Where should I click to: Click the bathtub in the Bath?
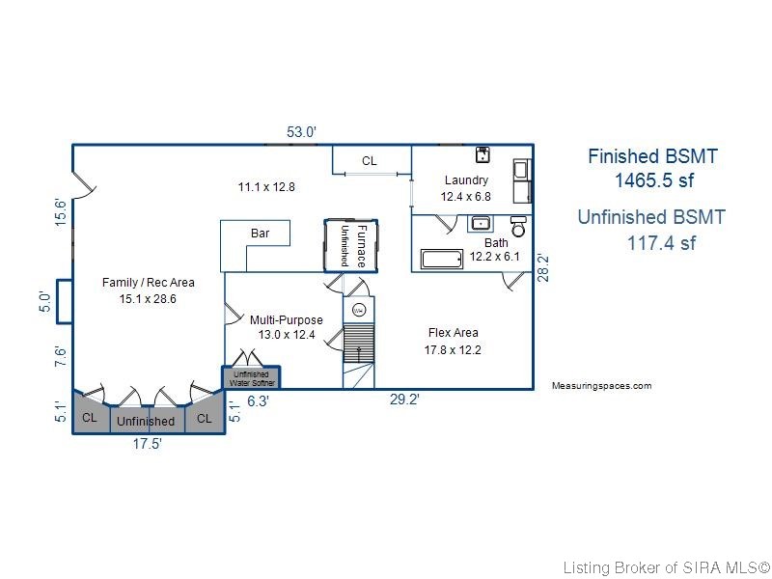tap(442, 259)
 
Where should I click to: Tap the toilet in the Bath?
tap(518, 226)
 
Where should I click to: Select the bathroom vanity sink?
tap(480, 224)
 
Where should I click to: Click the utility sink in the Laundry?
tap(482, 154)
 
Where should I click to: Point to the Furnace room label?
tap(361, 246)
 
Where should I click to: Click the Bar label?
tap(260, 233)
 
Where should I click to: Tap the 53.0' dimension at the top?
tap(301, 132)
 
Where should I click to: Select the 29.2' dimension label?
tap(404, 400)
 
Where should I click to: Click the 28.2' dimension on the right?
tap(542, 267)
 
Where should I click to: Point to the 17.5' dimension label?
tap(148, 444)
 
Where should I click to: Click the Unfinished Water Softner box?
tap(251, 377)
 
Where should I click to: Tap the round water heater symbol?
tap(359, 310)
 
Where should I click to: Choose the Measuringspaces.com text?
tap(601, 385)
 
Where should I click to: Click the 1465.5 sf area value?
tap(654, 180)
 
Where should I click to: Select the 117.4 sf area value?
tap(661, 243)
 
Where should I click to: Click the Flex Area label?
tap(453, 333)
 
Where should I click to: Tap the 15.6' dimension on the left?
tap(60, 212)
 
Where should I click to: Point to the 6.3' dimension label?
tap(258, 401)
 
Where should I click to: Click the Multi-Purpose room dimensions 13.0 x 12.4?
tap(287, 335)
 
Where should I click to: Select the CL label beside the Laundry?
tap(370, 161)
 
